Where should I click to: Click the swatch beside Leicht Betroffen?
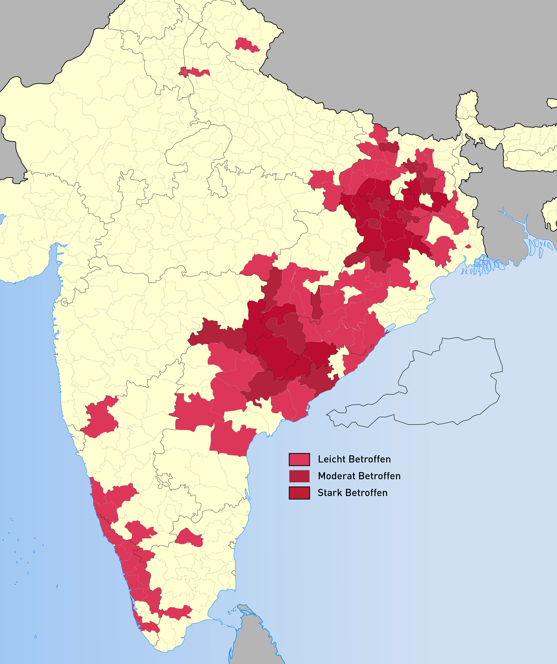pos(299,459)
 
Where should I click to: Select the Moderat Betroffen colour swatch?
pos(299,476)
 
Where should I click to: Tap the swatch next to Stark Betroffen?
pos(299,493)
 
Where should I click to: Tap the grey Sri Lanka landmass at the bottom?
pos(253,639)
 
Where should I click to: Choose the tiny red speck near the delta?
pos(468,246)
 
